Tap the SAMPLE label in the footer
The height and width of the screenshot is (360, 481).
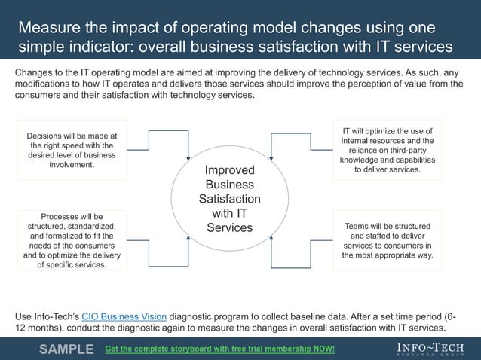[66, 349]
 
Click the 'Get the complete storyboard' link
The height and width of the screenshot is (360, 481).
[219, 349]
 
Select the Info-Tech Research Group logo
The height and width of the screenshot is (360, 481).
[430, 349]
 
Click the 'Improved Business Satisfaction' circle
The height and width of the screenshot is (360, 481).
[230, 199]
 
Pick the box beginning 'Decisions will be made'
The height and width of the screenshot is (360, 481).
[72, 150]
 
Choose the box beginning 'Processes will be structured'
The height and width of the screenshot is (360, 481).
[72, 239]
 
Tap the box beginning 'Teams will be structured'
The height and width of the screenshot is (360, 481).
[388, 240]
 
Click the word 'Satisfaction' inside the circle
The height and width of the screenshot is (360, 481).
[230, 199]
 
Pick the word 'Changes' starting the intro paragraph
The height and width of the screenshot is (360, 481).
[36, 72]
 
